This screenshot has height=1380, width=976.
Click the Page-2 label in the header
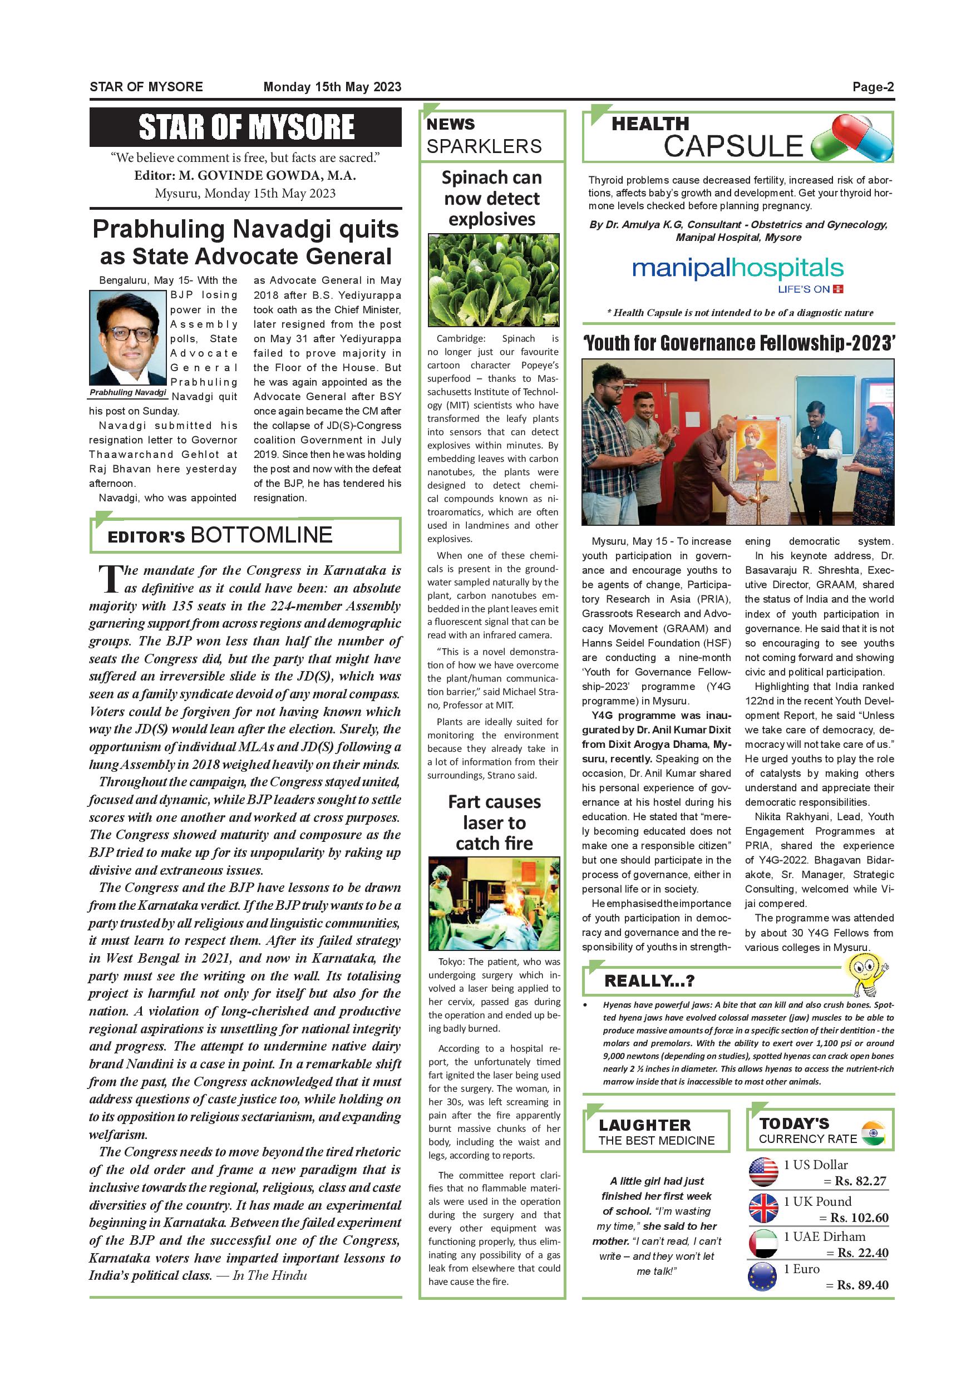873,87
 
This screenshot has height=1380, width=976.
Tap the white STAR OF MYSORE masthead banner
246,127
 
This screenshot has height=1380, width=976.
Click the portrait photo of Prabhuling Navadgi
128,338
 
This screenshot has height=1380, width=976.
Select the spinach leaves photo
494,280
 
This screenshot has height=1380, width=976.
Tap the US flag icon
763,1171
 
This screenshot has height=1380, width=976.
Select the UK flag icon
763,1207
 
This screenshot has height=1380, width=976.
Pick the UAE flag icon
763,1243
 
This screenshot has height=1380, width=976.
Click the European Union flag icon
763,1276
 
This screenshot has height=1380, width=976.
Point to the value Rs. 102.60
859,1217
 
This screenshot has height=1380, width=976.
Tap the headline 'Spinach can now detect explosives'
492,198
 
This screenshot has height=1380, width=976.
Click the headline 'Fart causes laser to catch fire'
494,822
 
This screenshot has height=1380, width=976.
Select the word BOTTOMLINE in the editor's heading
261,534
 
